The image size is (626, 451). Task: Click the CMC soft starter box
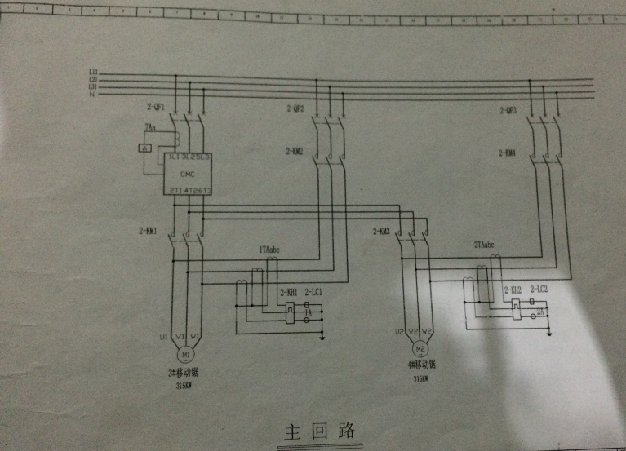tap(189, 173)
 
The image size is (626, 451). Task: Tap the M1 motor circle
tap(186, 356)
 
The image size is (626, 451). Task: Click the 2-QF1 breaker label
tap(155, 108)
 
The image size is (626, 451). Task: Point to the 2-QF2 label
tap(295, 108)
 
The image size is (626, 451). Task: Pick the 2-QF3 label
tap(507, 110)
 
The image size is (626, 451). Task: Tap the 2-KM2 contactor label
tap(295, 151)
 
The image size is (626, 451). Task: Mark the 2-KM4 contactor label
tap(507, 153)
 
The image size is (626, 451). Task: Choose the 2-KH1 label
tap(289, 291)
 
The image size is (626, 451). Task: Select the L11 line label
tap(93, 73)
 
